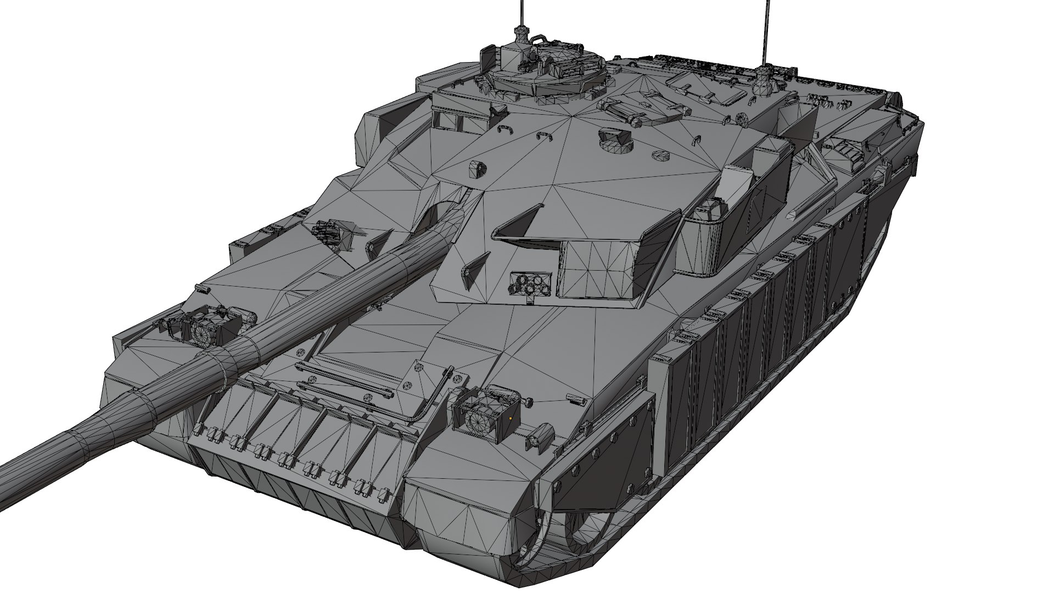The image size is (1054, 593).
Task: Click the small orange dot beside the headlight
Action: [511, 418]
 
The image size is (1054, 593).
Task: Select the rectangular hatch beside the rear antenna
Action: [708, 88]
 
